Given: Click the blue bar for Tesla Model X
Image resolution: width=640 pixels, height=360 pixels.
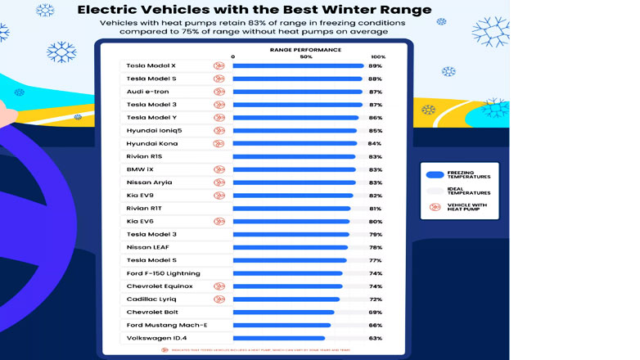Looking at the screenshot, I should tap(299, 65).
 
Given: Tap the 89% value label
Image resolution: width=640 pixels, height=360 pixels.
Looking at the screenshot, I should tap(376, 65).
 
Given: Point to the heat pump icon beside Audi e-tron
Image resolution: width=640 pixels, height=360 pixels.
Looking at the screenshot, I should tap(219, 92).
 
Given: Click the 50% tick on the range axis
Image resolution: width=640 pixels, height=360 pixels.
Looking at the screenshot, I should tap(306, 56).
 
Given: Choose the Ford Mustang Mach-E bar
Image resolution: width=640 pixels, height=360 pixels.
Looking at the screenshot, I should tap(282, 325).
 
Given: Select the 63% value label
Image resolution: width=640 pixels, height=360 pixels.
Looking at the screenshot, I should tap(376, 338).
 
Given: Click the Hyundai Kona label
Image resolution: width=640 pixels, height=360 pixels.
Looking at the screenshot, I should tap(152, 143).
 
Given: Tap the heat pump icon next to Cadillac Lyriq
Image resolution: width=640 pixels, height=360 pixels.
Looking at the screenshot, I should tap(219, 299).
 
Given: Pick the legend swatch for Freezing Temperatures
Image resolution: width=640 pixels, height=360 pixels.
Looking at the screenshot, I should tap(435, 174).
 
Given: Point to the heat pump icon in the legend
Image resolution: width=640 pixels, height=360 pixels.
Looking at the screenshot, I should tap(435, 206).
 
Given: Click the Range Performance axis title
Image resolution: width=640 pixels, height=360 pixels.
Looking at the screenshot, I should tap(305, 50).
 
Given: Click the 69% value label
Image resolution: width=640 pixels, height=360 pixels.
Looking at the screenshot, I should tap(376, 312).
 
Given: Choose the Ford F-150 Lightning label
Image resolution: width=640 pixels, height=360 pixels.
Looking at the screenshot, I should tap(164, 273).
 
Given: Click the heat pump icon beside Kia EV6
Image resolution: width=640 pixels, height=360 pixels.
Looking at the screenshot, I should tap(219, 221).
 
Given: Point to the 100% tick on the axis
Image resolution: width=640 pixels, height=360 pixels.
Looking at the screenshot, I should tap(378, 56).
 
